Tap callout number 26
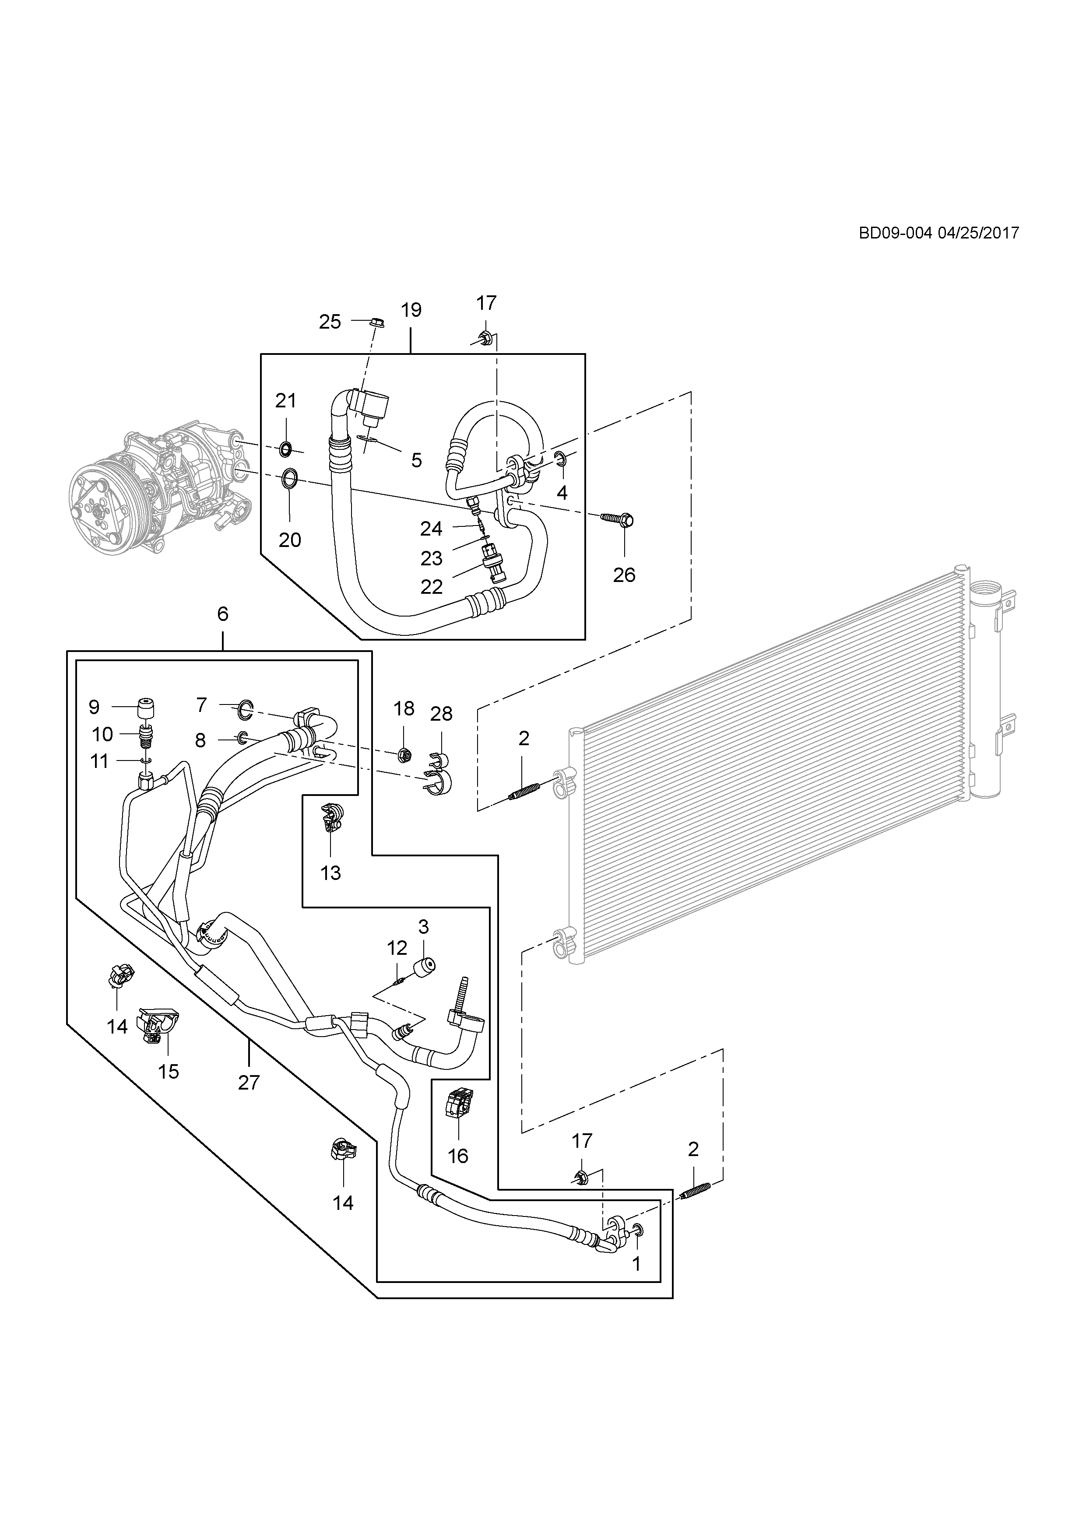(x=624, y=574)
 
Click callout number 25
(x=330, y=322)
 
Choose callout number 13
(x=330, y=873)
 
